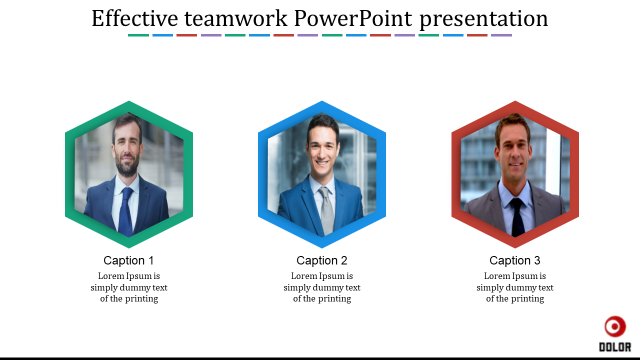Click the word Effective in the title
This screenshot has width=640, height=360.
click(x=134, y=18)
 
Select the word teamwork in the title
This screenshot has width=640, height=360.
click(x=235, y=19)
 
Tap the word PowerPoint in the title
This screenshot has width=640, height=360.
click(x=353, y=18)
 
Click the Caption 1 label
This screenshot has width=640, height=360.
click(x=128, y=260)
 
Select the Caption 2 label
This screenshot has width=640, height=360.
click(x=321, y=260)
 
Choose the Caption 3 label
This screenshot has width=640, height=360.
click(x=515, y=260)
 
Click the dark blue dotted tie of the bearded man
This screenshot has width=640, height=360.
click(x=125, y=211)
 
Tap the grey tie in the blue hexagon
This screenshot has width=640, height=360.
click(x=326, y=210)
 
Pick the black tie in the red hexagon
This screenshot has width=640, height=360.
click(x=517, y=217)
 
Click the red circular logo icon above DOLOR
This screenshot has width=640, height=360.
click(x=615, y=326)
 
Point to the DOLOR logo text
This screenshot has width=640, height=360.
click(x=615, y=347)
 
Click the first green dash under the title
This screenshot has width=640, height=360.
click(x=138, y=35)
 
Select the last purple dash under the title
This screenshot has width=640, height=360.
click(x=501, y=35)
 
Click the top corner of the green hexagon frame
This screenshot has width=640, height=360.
click(x=129, y=101)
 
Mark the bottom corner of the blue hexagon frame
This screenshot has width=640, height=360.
click(x=322, y=247)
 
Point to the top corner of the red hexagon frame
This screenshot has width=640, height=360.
click(x=515, y=101)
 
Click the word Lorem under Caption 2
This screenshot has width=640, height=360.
click(x=303, y=276)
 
